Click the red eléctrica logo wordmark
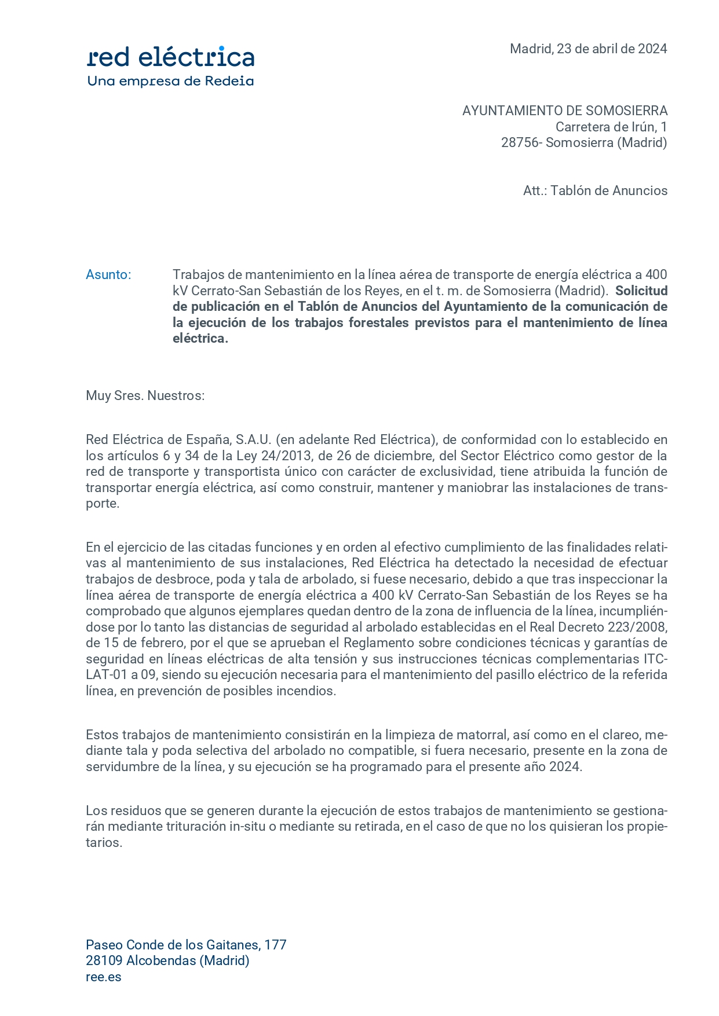(170, 57)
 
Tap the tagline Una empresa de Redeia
(170, 81)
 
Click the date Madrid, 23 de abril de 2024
(588, 49)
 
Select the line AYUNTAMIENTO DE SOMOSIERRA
(564, 111)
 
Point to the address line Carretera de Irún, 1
(611, 127)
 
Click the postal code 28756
(519, 142)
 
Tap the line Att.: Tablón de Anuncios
(595, 190)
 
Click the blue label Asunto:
(108, 274)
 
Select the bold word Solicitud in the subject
(641, 291)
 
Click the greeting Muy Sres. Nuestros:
(145, 395)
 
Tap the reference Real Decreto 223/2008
(598, 627)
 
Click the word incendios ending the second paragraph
(306, 691)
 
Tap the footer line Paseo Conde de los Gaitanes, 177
(186, 945)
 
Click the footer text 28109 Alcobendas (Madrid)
(167, 960)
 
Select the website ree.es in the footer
(104, 977)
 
